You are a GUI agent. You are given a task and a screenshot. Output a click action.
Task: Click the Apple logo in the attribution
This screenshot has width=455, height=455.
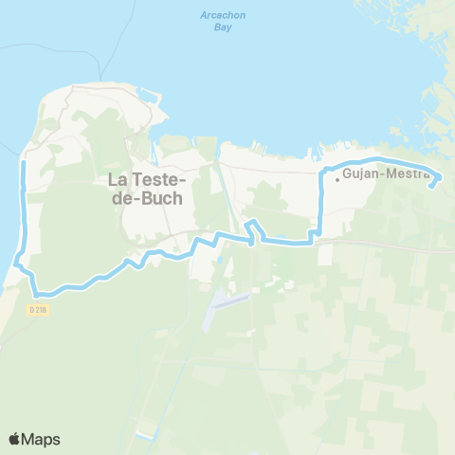(x=15, y=439)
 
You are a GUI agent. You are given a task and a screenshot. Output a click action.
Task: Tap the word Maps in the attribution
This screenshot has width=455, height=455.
(x=42, y=439)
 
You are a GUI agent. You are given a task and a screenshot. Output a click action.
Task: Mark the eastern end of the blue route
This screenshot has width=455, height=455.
(x=432, y=186)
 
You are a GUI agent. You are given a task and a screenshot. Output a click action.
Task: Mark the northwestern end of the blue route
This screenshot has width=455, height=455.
(x=22, y=164)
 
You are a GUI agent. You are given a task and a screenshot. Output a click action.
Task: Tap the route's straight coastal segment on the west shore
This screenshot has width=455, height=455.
(x=23, y=209)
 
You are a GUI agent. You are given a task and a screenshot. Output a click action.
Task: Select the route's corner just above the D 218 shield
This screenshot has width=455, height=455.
(x=37, y=289)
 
